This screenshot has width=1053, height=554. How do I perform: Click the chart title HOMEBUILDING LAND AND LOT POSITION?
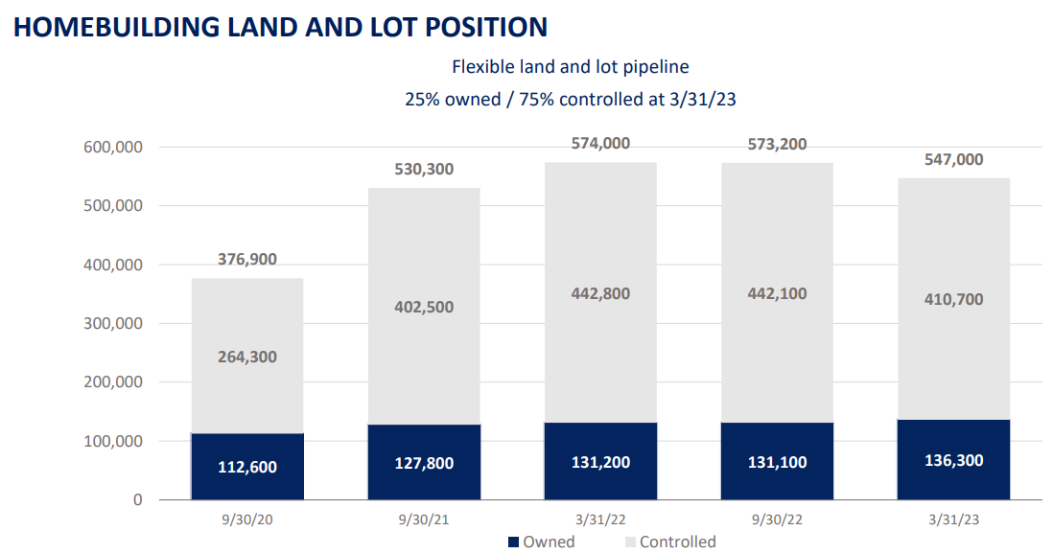[x=281, y=26]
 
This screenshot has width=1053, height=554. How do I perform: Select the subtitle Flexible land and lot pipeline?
[x=571, y=67]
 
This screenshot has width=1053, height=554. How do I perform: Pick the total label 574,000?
[x=600, y=143]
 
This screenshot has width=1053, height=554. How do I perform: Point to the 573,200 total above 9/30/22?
[x=777, y=144]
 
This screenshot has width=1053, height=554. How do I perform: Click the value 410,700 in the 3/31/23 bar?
[x=953, y=299]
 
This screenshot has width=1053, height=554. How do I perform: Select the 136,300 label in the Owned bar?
[x=953, y=460]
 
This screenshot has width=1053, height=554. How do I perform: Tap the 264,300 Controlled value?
[x=247, y=357]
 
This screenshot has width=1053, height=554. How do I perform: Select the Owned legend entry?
[x=541, y=542]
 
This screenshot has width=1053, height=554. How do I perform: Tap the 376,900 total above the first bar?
[x=247, y=262]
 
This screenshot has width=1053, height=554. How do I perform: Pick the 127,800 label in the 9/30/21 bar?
[x=424, y=463]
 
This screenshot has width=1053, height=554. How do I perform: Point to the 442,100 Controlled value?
[x=777, y=293]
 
